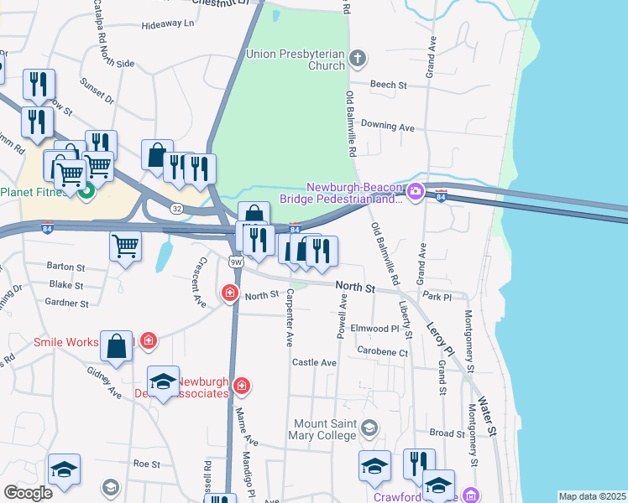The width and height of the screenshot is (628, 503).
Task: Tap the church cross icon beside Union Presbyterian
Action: click(358, 59)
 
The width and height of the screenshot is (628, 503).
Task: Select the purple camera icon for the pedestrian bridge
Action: click(415, 193)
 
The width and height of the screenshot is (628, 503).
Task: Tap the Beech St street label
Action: click(389, 86)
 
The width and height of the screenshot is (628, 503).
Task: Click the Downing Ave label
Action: click(388, 127)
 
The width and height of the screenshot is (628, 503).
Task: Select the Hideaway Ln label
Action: click(167, 24)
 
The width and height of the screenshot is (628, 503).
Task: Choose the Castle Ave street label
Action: click(314, 363)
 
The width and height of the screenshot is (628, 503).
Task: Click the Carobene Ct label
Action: click(382, 351)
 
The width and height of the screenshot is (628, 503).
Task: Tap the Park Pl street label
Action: click(438, 297)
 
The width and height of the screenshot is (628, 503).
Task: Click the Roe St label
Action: click(146, 463)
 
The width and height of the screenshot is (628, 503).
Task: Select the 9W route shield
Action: click(235, 262)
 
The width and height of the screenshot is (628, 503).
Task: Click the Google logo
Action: click(28, 493)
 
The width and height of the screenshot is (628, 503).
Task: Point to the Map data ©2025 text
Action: click(591, 496)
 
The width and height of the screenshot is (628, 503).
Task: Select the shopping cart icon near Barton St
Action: click(125, 246)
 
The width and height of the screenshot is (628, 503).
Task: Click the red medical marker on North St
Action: click(228, 293)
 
